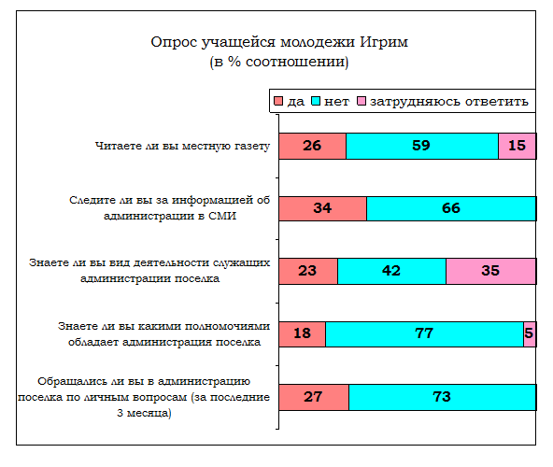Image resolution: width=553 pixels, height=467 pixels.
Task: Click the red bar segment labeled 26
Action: coord(313,146)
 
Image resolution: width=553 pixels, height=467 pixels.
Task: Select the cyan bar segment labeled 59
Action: coord(422,146)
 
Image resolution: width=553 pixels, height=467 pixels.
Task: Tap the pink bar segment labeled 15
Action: coord(518,146)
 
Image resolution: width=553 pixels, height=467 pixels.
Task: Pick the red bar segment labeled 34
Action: coord(322,209)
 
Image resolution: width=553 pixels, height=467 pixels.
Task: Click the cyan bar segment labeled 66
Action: coord(451,209)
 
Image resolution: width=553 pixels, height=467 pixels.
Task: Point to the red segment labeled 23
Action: coord(308,271)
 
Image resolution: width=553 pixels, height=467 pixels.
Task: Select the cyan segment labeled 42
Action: coord(391,271)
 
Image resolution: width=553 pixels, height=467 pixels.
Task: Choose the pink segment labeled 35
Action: coord(491,271)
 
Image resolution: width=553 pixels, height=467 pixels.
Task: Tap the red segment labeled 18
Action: coord(303,334)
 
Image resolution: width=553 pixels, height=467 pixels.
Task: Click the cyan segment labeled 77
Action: coord(425,334)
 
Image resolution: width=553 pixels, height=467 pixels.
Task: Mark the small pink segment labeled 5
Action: coord(530,334)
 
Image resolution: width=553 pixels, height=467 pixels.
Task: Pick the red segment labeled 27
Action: coord(314,397)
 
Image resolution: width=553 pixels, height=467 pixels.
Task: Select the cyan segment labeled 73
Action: coord(443,397)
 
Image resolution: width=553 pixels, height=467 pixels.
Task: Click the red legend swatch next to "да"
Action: coord(278,101)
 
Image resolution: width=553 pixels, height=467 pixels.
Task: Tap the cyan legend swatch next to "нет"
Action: coord(316,101)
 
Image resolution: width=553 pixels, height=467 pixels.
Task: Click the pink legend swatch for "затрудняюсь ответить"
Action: coord(362,101)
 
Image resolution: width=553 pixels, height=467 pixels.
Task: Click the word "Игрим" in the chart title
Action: coord(384,42)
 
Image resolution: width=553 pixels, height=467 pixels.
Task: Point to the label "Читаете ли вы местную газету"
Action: coord(182,146)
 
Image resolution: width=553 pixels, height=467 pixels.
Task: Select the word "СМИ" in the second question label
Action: coord(222,216)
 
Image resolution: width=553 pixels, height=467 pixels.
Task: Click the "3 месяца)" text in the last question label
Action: coord(144,413)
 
